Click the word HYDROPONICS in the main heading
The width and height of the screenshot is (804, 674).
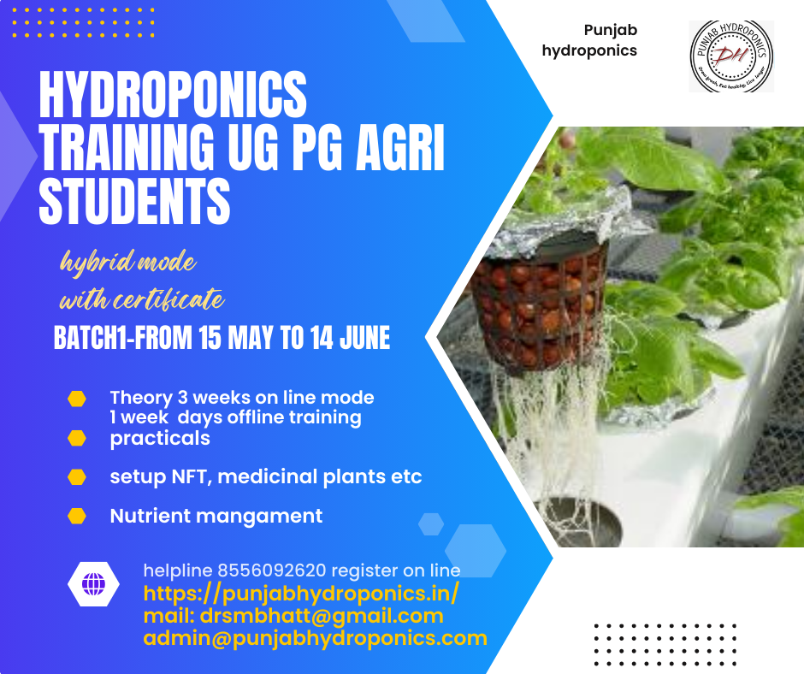173,99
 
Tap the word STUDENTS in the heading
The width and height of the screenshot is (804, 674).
135,202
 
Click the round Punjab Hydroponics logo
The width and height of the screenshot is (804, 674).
731,56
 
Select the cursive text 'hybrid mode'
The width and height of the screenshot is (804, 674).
127,262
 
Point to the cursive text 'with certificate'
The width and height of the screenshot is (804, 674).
142,300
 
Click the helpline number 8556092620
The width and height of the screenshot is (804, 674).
272,571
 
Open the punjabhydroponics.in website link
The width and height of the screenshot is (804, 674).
301,593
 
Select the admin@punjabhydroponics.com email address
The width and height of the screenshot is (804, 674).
315,638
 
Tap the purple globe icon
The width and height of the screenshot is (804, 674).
93,585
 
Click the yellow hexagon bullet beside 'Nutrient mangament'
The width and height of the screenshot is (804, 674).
77,516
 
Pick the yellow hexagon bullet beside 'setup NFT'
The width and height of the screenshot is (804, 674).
77,476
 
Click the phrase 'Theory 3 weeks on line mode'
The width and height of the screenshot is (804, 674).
242,398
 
